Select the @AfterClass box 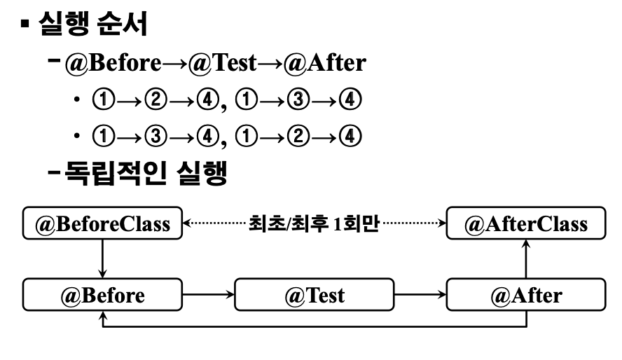(x=525, y=224)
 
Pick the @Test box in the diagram (x=314, y=295)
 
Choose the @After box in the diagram (x=525, y=295)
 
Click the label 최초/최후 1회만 (x=313, y=225)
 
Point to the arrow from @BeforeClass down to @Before (x=102, y=258)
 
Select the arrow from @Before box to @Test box (x=207, y=295)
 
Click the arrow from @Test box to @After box (x=420, y=295)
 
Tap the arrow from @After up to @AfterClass (x=525, y=258)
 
